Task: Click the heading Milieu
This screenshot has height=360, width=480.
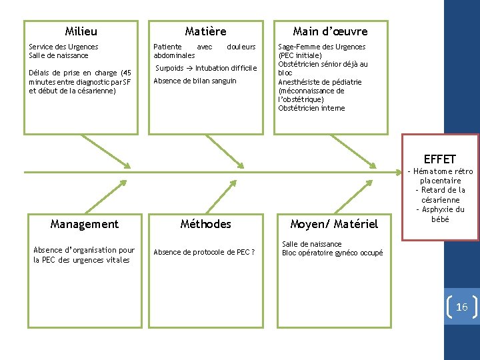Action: (x=81, y=31)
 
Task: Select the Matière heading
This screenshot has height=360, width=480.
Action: (x=205, y=31)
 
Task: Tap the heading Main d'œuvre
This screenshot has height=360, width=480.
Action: (x=330, y=31)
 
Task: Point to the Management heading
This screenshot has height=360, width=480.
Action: (x=85, y=224)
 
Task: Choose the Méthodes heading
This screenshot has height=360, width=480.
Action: (x=206, y=224)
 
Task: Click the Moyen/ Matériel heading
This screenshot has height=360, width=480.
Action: (x=334, y=224)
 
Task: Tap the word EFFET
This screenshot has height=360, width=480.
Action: (x=439, y=159)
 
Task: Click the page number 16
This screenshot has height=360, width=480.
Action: (x=461, y=307)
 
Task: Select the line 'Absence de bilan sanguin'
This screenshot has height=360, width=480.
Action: (x=195, y=81)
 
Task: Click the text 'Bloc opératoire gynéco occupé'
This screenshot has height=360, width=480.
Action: (x=332, y=253)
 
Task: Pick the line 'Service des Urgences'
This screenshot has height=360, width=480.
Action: (x=63, y=47)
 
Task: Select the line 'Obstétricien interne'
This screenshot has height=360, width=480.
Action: (x=311, y=108)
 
